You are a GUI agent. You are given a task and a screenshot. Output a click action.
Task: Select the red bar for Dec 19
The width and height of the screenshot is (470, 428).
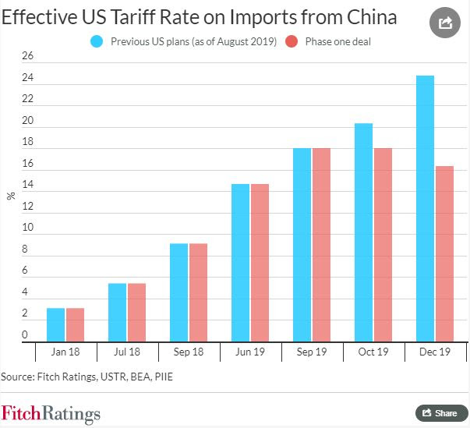(443, 253)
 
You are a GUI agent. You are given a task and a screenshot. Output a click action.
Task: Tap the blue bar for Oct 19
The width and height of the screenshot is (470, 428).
(363, 232)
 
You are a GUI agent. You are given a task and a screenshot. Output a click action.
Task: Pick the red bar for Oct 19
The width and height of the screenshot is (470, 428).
(382, 245)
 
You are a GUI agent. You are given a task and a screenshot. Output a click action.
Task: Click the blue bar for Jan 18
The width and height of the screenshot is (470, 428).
(56, 324)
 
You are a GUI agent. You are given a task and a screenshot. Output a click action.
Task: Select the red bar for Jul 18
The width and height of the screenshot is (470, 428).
(136, 312)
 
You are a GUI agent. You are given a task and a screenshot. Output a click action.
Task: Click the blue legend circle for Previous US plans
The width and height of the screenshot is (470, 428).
(96, 41)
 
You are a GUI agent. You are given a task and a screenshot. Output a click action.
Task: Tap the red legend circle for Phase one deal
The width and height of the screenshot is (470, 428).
(290, 41)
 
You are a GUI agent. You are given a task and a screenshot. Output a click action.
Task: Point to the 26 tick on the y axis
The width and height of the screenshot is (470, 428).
(28, 56)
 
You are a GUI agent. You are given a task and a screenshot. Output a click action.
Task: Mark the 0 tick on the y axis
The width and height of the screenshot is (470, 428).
(25, 335)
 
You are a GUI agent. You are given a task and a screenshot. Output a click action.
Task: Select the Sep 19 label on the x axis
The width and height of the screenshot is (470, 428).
(311, 352)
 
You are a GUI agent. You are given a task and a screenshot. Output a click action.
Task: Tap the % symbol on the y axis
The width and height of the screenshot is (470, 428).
(11, 196)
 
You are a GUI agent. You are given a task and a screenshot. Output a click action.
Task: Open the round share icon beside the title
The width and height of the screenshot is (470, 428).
(445, 23)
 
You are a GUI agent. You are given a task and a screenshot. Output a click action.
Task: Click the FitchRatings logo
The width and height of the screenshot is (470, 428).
(51, 412)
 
